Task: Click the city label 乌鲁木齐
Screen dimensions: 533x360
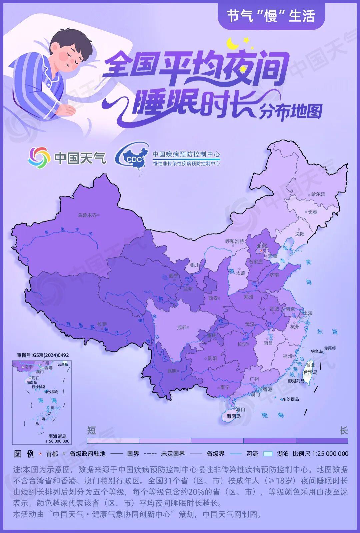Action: [x=87, y=215]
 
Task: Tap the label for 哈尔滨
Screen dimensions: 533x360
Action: [x=318, y=194]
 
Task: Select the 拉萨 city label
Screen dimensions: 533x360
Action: [x=102, y=324]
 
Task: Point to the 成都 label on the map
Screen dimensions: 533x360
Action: [x=182, y=327]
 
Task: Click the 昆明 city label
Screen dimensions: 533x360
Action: [x=172, y=371]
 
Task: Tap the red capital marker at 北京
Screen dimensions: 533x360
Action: [x=261, y=250]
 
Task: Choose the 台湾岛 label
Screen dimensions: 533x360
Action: [x=310, y=372]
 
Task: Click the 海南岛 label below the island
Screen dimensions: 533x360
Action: [x=233, y=416]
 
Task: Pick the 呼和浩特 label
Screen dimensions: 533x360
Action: [x=235, y=241]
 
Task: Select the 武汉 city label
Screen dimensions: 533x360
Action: [x=250, y=324]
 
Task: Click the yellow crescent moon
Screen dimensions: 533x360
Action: [x=232, y=44]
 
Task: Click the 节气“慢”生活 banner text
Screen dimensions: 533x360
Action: [x=271, y=16]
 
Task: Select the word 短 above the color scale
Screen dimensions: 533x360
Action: [x=91, y=431]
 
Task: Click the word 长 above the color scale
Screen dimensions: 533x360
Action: [x=344, y=431]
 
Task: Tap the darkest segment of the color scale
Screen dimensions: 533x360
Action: [x=322, y=441]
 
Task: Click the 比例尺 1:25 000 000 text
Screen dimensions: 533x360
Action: [x=320, y=454]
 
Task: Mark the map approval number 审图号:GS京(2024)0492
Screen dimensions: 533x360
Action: [x=43, y=355]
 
